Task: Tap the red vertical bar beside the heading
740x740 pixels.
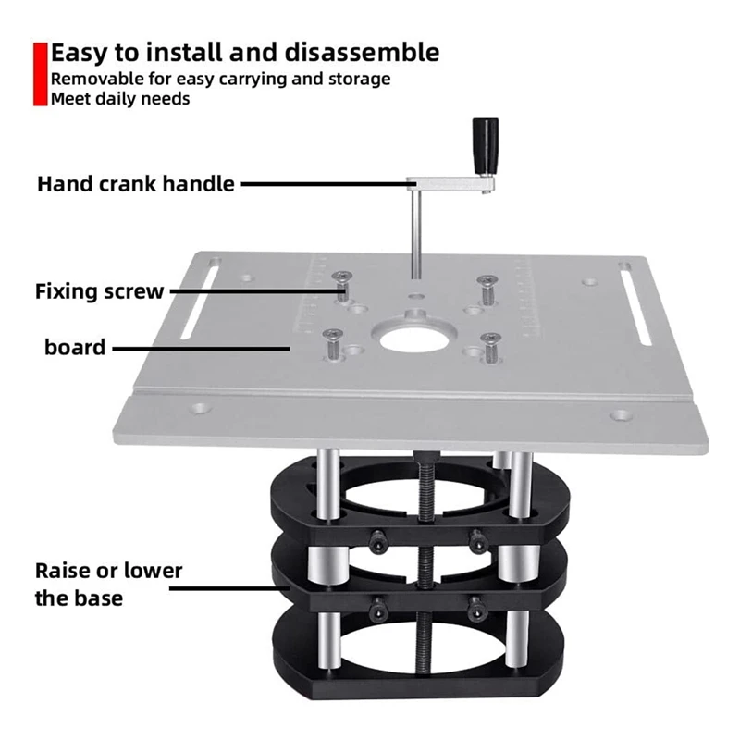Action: coord(39,73)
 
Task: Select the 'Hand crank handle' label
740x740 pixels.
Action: coord(136,183)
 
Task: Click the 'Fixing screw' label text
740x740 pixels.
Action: coord(100,291)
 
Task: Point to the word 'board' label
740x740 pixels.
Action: coord(74,348)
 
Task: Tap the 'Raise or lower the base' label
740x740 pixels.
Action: coord(108,583)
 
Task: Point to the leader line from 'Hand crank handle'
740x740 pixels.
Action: coord(324,184)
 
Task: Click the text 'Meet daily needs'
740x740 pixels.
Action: coord(120,99)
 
